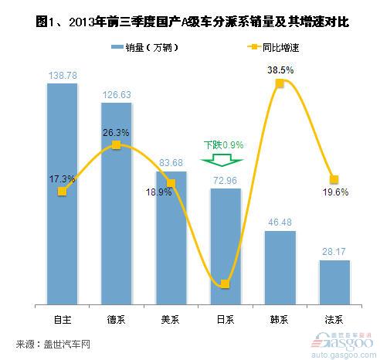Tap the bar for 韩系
coord(280,267)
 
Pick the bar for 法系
coord(334,281)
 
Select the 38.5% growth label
coord(279,69)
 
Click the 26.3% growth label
coord(116,131)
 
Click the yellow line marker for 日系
coord(226,284)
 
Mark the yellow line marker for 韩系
coord(280,83)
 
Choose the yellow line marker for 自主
coord(62,191)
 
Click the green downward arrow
coord(223,161)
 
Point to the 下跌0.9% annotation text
coord(223,144)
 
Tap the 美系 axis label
coord(171,318)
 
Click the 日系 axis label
coord(225,318)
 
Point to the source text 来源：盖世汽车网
coord(53,343)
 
